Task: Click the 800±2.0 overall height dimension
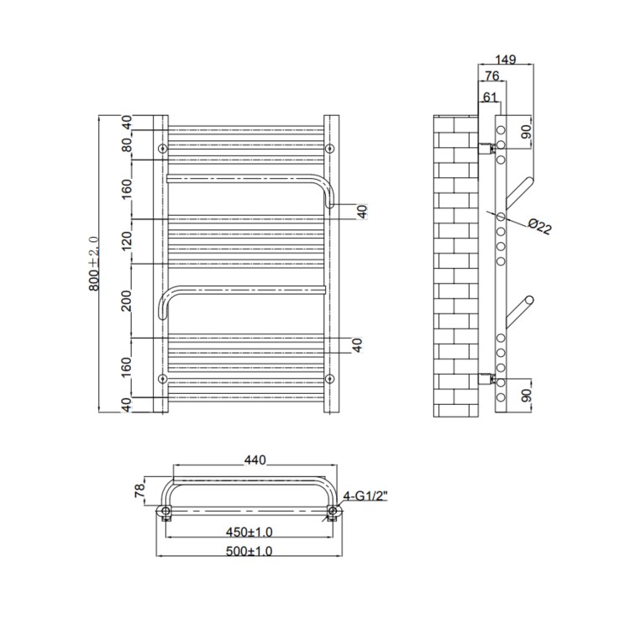point(94,264)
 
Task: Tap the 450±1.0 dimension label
point(250,531)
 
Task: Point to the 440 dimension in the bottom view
point(255,459)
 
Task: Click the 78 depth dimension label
point(140,491)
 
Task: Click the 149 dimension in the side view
point(504,60)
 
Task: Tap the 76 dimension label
point(489,78)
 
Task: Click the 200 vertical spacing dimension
point(128,300)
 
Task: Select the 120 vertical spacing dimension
point(128,242)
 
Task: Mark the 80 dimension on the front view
point(128,144)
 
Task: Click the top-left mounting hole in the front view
point(163,149)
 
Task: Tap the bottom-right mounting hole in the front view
point(329,377)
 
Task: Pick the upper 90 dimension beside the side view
point(527,133)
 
